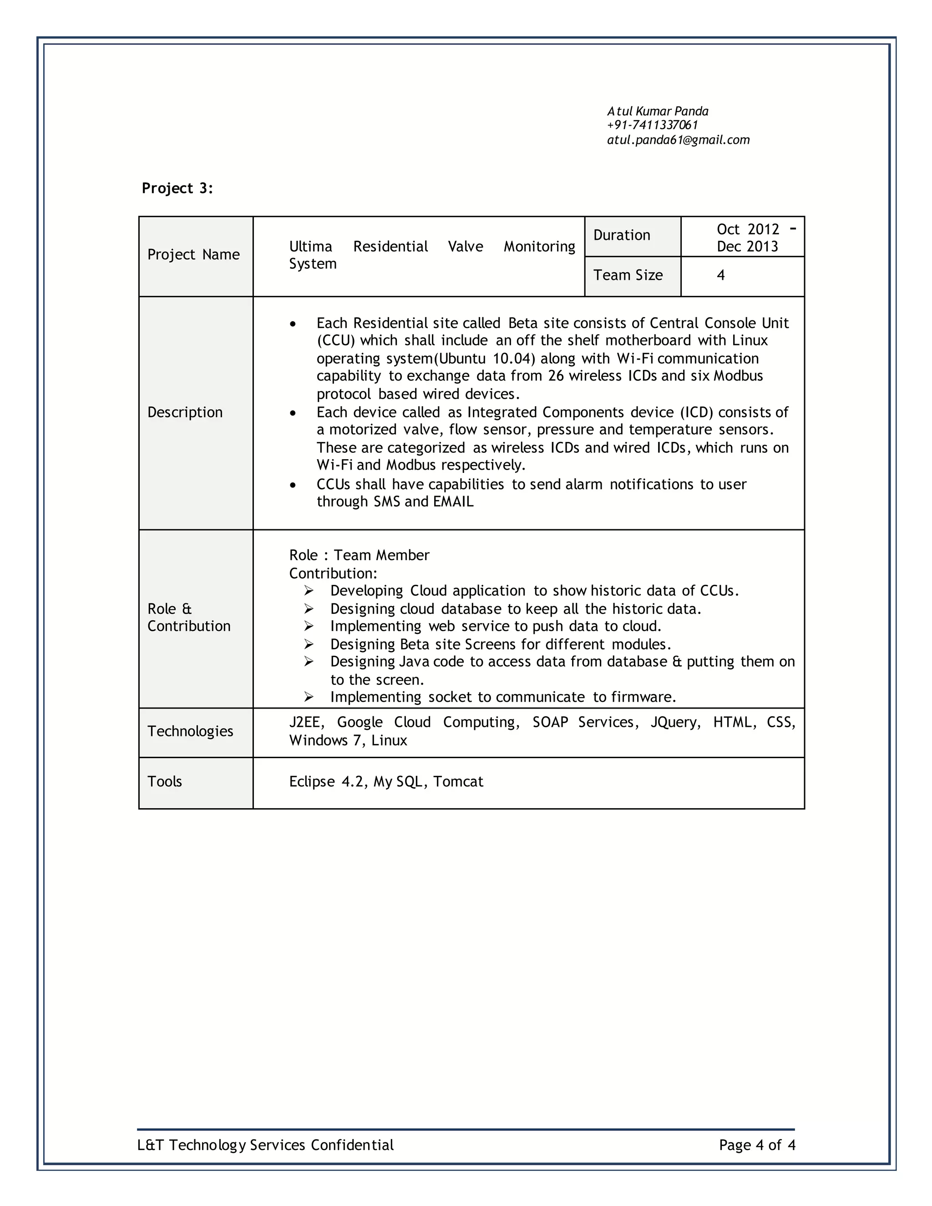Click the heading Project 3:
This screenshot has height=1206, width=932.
point(177,188)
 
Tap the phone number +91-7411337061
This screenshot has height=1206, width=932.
point(652,125)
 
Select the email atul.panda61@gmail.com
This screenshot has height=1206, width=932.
point(678,140)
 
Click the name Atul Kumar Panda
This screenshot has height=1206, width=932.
point(658,111)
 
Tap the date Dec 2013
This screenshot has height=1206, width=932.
point(747,246)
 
